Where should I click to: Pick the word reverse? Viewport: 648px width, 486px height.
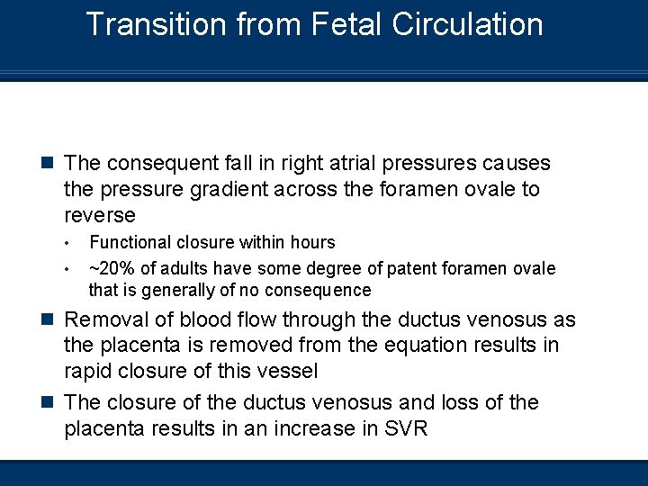pos(100,216)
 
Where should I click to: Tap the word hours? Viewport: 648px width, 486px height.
pos(311,243)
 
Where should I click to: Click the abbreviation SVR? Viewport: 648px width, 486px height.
pos(405,429)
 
